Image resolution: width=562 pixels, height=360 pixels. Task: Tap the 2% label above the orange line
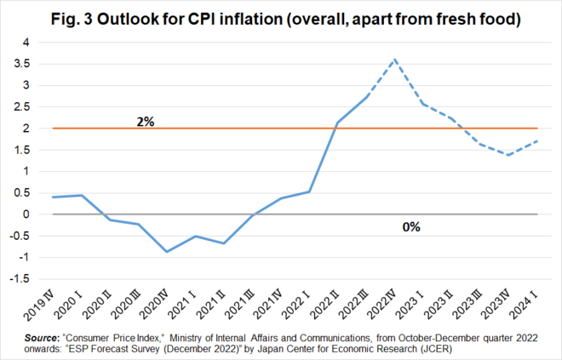click(x=146, y=121)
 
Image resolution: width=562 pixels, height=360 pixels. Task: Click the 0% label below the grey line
click(x=412, y=227)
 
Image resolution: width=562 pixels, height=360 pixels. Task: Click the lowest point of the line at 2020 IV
click(x=167, y=252)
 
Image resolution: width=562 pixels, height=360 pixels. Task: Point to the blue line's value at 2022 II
click(x=336, y=123)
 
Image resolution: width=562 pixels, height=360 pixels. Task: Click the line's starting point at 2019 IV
click(x=53, y=197)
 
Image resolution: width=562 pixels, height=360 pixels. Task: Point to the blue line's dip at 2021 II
click(x=223, y=243)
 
